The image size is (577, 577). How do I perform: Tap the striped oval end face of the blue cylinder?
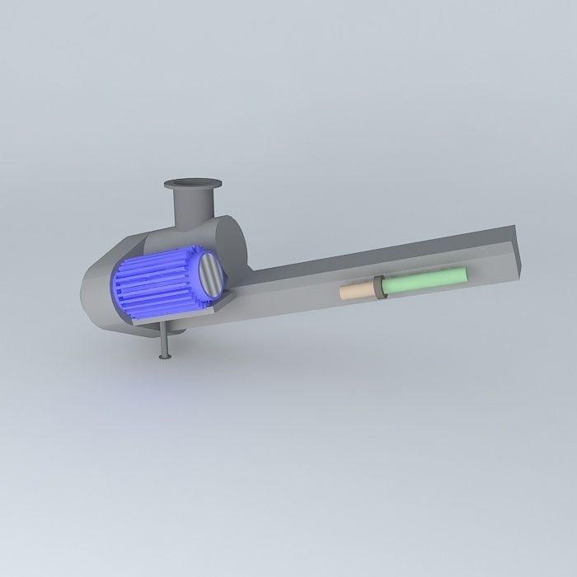[x=209, y=276]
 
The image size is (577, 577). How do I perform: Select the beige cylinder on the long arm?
[x=357, y=291]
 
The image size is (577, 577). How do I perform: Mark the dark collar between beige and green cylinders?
[x=381, y=287]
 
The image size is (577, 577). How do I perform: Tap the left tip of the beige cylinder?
[x=342, y=293]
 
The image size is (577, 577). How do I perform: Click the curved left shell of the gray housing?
[x=95, y=293]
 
